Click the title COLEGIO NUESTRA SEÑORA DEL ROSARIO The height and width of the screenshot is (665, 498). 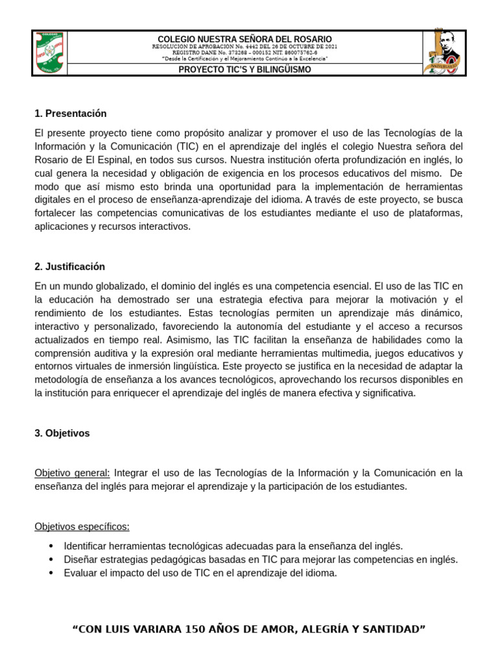pos(244,40)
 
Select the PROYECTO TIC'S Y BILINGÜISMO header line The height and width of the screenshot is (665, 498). pos(244,69)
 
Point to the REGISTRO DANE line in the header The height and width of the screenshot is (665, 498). pos(244,53)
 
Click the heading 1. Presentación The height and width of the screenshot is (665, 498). pos(70,114)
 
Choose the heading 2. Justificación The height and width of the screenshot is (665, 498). pos(69,267)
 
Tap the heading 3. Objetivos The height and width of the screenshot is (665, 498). pos(62,433)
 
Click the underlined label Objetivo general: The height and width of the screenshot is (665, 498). pos(72,473)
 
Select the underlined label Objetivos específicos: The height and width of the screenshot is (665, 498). pos(82,526)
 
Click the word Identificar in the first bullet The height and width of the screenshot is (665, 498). pos(86,546)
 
